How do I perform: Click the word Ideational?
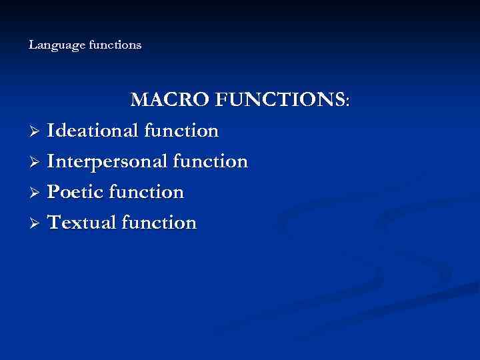click(x=93, y=131)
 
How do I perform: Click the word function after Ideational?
click(x=181, y=131)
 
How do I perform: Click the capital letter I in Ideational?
click(x=51, y=131)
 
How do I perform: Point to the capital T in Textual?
click(x=55, y=223)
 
